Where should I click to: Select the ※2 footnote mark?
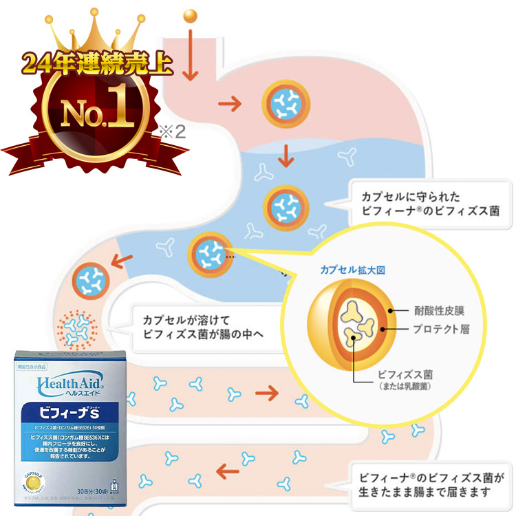coord(173,131)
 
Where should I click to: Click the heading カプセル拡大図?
coord(352,270)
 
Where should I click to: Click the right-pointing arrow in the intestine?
coord(266,393)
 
